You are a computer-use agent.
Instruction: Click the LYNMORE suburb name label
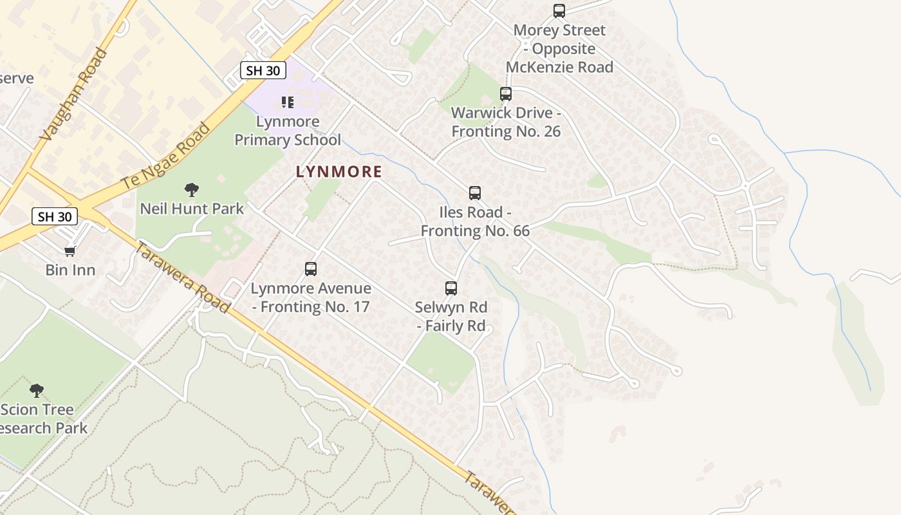(x=339, y=172)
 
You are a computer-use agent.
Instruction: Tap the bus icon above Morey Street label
(x=559, y=11)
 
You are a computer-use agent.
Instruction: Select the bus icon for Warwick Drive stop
(x=506, y=94)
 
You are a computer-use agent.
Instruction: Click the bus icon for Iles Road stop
(x=475, y=193)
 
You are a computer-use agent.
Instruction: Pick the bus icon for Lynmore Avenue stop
(x=311, y=269)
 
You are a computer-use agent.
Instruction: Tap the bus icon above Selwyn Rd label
(x=451, y=288)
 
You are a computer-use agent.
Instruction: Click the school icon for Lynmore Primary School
(x=288, y=102)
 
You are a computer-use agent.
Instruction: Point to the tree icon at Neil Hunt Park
(x=191, y=190)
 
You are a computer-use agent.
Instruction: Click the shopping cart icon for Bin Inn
(x=70, y=251)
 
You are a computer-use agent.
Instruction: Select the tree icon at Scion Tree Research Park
(x=37, y=390)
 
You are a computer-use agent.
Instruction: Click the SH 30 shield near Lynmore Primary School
(x=263, y=70)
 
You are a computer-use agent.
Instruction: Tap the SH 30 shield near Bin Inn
(x=55, y=216)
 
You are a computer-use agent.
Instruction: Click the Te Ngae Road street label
(x=166, y=156)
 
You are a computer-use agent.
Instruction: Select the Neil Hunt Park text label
(x=192, y=209)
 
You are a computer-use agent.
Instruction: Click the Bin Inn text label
(x=70, y=270)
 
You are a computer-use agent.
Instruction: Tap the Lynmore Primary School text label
(x=288, y=131)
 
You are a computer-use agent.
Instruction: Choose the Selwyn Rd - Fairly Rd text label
(x=450, y=316)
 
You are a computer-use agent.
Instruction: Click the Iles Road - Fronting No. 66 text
(x=475, y=221)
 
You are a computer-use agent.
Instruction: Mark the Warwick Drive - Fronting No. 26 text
(x=506, y=122)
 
